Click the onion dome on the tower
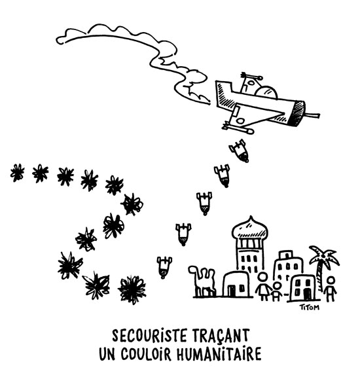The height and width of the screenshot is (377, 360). pos(250,228)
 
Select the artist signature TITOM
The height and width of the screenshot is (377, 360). pos(310,307)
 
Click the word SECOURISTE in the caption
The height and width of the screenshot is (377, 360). pos(149,335)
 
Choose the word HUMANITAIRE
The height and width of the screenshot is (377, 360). pos(219,354)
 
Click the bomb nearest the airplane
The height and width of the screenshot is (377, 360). pos(240,151)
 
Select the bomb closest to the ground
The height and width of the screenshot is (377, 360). pos(164,267)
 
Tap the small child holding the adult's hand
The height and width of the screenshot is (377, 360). pos(277,291)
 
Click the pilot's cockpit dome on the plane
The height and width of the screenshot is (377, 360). pos(266,92)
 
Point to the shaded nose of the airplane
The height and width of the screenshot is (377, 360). pos(297,113)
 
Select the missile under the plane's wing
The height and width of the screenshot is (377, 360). pos(238,128)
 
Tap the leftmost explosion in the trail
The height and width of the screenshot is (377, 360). pos(17,172)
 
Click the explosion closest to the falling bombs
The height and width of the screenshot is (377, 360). pos(132,290)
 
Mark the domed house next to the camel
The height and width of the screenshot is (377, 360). pos(238,283)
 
